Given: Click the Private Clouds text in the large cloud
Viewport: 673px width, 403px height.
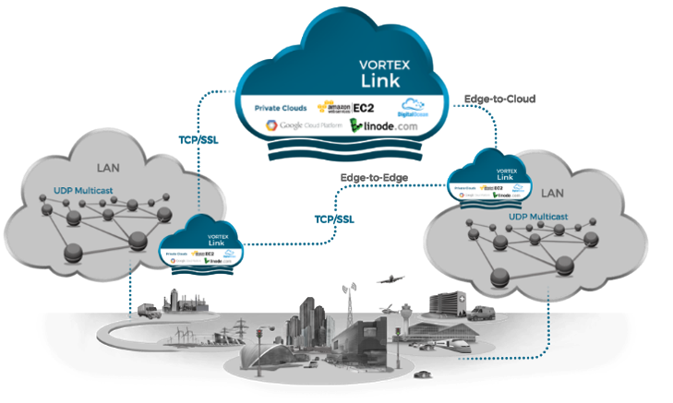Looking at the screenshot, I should click(x=282, y=108).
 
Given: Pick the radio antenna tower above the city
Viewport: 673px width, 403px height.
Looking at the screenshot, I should click(x=350, y=293).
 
